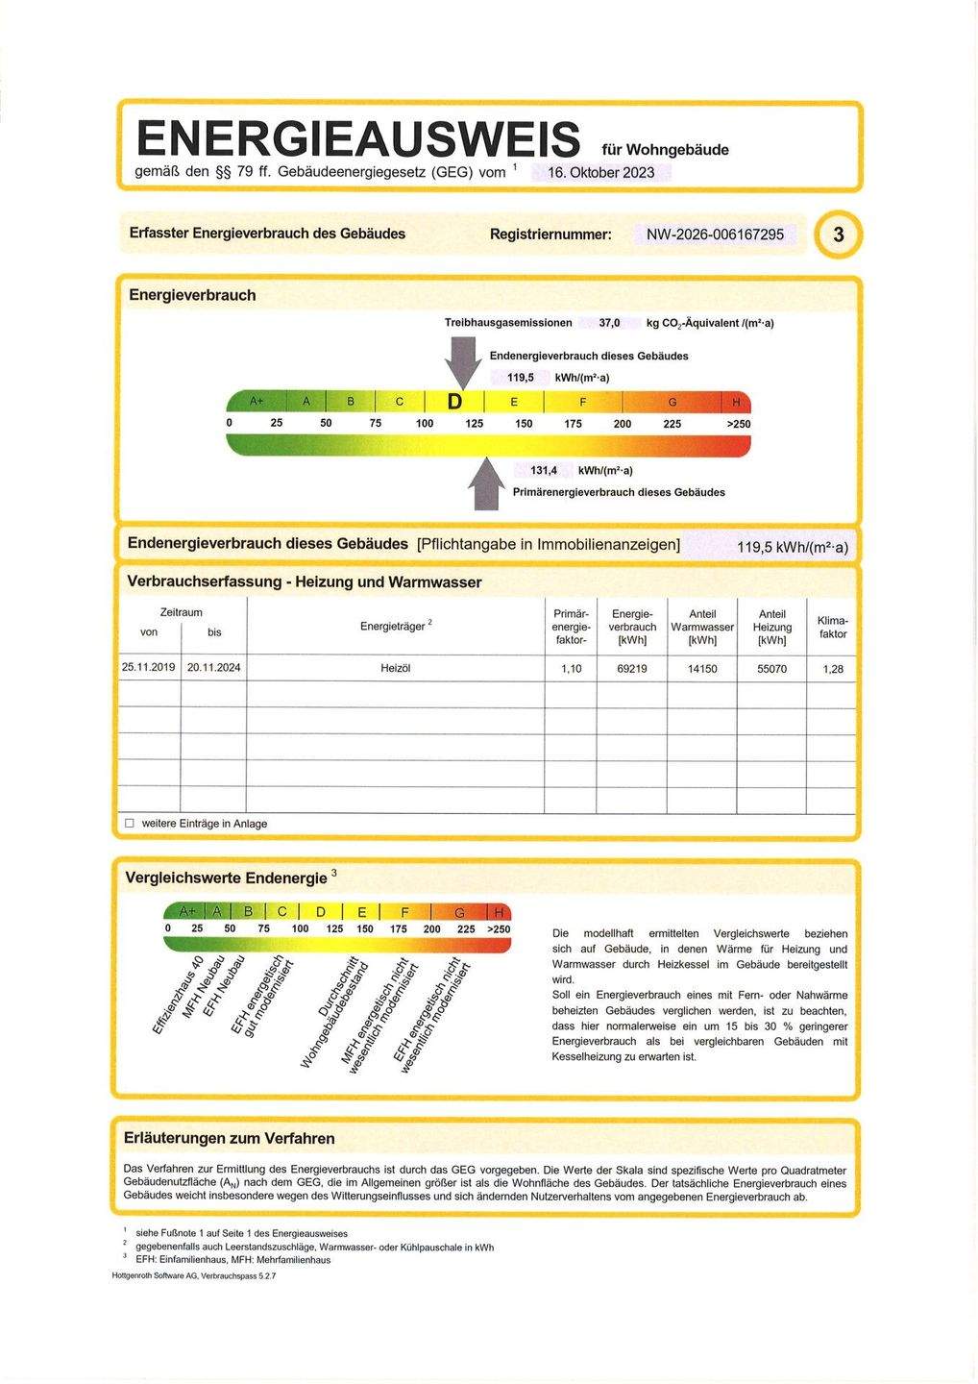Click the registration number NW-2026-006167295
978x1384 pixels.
(x=715, y=235)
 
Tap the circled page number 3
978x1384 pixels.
(x=839, y=235)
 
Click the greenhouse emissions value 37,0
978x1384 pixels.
(x=609, y=323)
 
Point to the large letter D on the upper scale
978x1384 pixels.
(x=454, y=401)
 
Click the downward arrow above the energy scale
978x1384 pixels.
(x=464, y=361)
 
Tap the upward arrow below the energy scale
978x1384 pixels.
(x=487, y=483)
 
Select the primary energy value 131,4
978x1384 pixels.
(x=544, y=471)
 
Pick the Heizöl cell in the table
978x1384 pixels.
(x=395, y=669)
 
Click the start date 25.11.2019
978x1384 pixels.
(x=149, y=668)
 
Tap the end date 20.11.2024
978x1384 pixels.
(x=214, y=668)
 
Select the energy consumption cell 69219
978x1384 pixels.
(x=631, y=669)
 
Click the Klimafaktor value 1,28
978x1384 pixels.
(x=832, y=669)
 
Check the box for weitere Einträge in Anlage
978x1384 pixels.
(x=130, y=824)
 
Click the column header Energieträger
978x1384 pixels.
(x=395, y=627)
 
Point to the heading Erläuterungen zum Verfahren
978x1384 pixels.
(x=230, y=1138)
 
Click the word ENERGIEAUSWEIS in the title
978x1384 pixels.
(x=358, y=138)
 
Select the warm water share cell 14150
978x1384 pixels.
(x=702, y=669)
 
